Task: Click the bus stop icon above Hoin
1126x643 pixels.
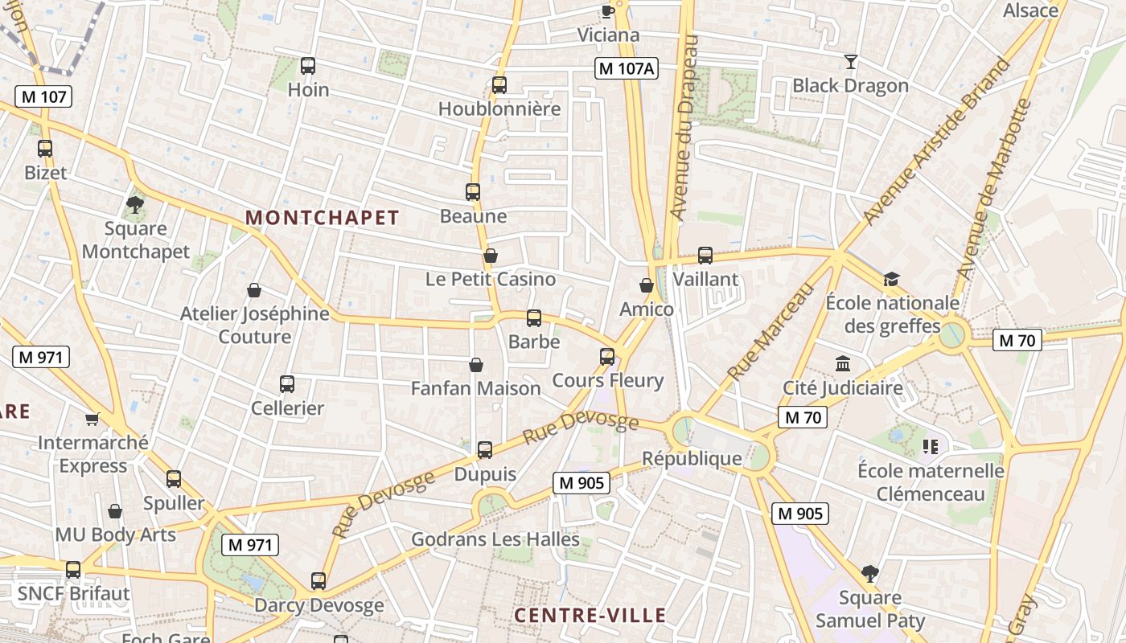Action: (307, 66)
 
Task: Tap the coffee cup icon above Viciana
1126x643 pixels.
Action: (607, 11)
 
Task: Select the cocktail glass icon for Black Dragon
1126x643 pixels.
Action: (850, 62)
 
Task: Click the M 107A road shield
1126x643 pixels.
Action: (626, 69)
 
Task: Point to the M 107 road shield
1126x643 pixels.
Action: (43, 97)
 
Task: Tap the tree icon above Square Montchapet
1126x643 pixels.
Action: (135, 204)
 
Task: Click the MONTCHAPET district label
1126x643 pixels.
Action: (322, 218)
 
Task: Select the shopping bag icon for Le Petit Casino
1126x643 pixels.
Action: (490, 256)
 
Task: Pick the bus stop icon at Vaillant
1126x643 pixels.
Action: (705, 256)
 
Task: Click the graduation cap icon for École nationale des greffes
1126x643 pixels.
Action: (891, 280)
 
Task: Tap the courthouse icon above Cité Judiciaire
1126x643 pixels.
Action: (843, 364)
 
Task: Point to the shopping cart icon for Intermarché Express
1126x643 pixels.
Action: (92, 419)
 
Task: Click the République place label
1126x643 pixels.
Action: (692, 459)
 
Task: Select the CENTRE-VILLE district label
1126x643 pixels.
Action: (590, 616)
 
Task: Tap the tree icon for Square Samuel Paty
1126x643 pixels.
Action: (869, 574)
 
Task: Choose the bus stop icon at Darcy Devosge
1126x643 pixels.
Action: (318, 581)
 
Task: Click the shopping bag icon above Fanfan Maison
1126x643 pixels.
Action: (476, 365)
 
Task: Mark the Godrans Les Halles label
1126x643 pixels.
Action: (495, 539)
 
